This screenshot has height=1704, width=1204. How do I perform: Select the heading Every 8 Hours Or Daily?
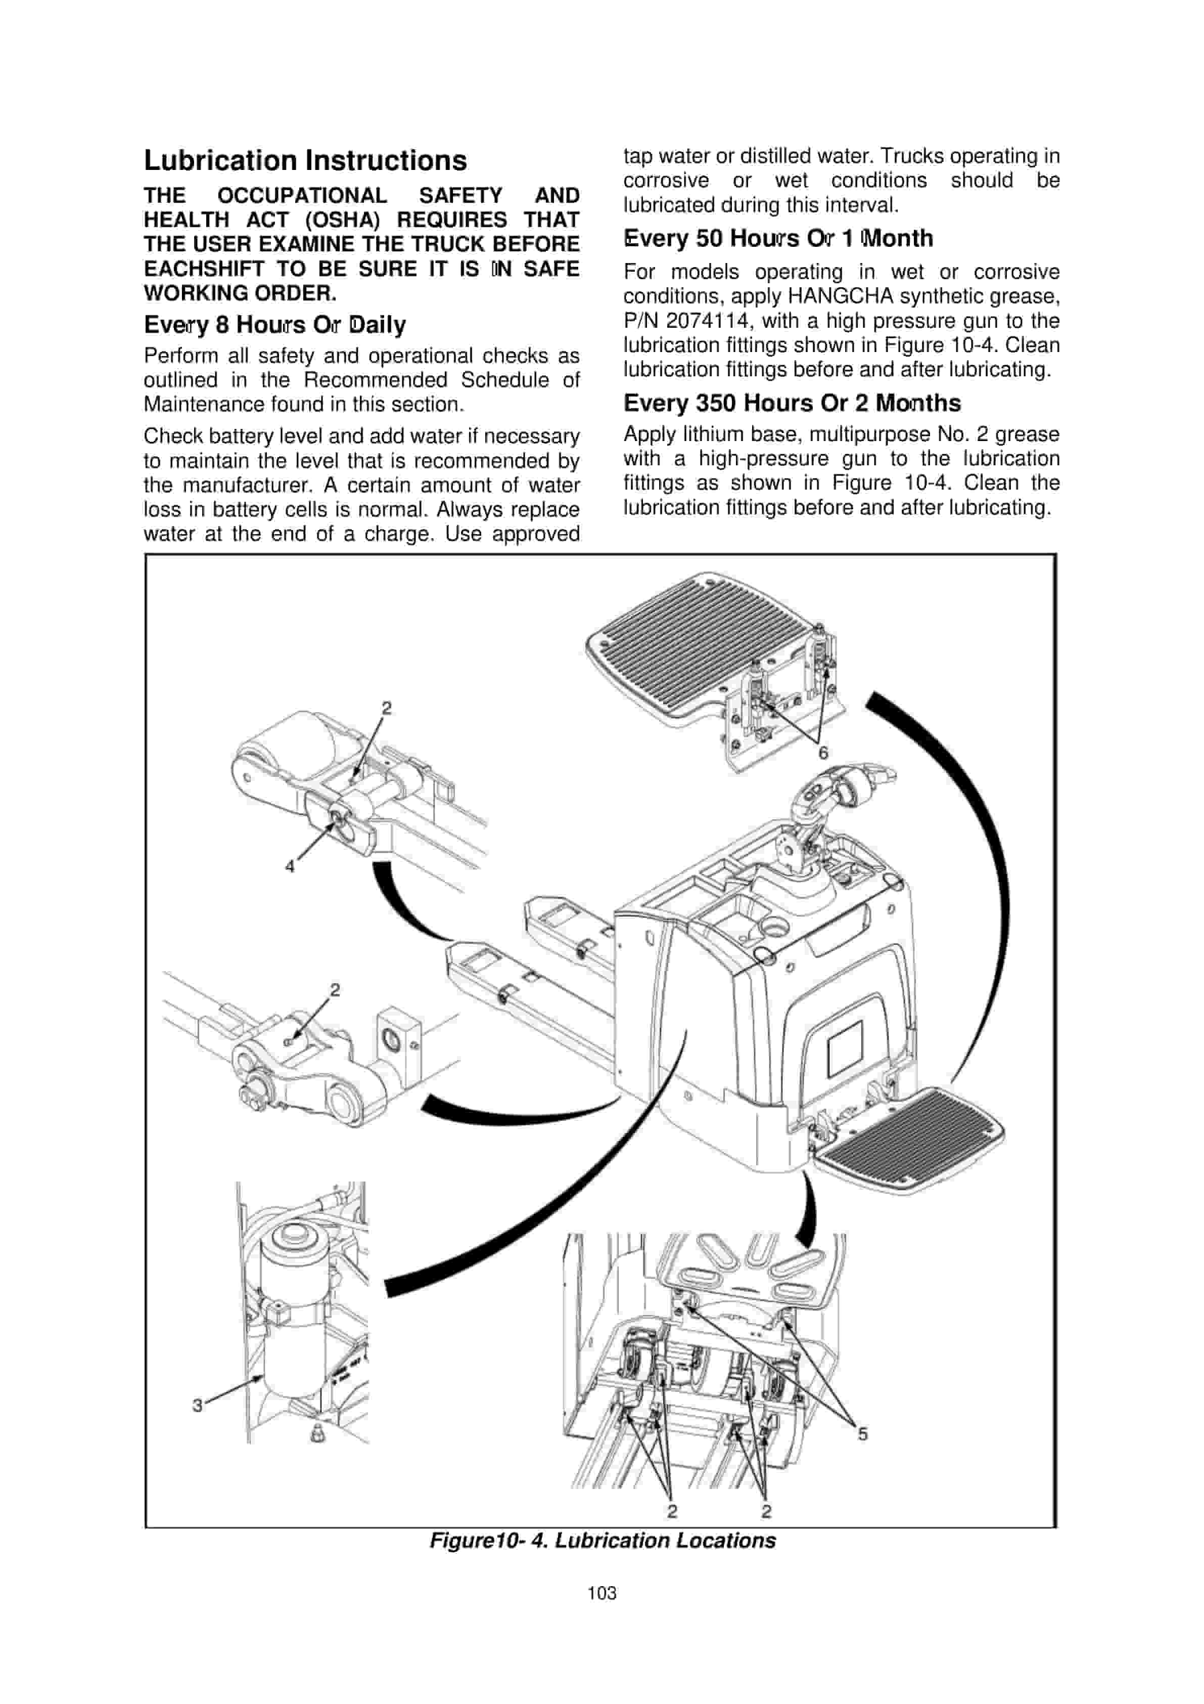[x=274, y=325]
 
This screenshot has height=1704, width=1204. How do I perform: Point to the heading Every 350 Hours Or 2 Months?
[x=792, y=403]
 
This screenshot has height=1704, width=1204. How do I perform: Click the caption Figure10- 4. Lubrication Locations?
[x=603, y=1541]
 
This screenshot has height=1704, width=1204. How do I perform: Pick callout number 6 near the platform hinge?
[x=823, y=753]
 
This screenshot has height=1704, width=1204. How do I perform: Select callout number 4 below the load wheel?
[x=290, y=866]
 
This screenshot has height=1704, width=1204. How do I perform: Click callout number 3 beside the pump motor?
[x=197, y=1405]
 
